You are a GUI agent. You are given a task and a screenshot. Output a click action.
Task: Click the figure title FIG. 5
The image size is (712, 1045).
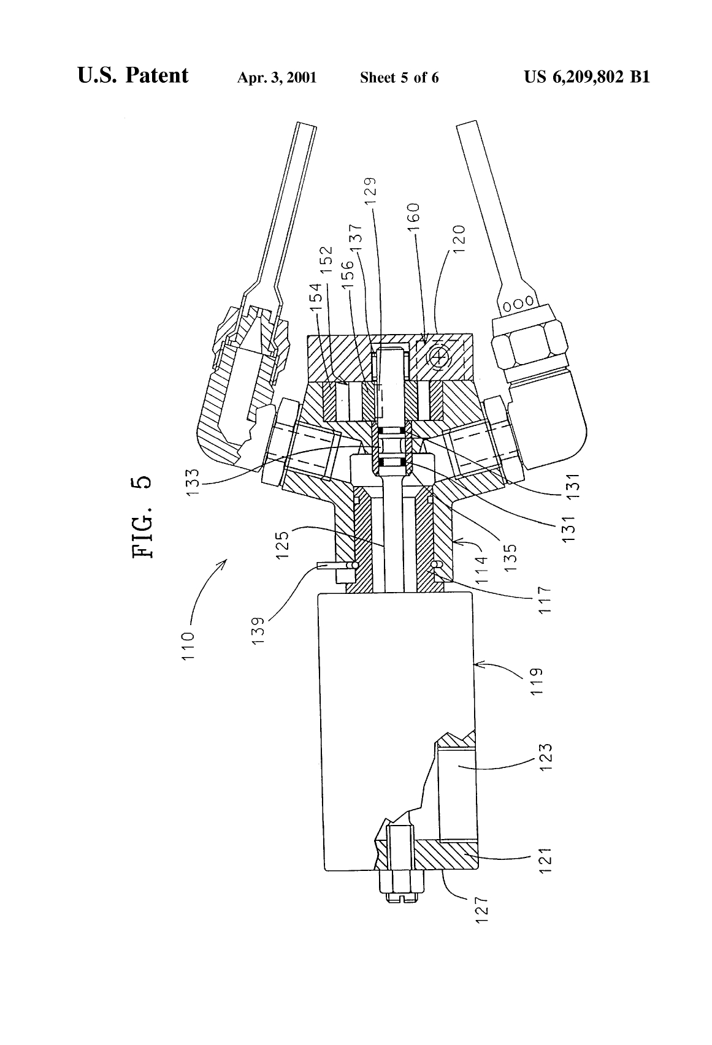point(143,517)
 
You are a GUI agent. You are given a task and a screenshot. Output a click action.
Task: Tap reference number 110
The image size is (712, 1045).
point(188,645)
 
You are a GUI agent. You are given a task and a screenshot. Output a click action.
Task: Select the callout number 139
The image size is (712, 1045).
point(258,631)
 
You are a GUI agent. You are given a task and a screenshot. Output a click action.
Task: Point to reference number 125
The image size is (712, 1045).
point(283,544)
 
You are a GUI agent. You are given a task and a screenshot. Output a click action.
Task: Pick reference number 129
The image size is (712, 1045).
point(370,192)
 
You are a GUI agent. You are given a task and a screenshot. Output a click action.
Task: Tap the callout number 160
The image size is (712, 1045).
point(414,218)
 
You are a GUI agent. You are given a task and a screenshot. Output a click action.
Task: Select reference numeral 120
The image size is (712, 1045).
point(459,239)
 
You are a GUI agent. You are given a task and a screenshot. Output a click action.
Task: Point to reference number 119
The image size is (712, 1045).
point(537,682)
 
